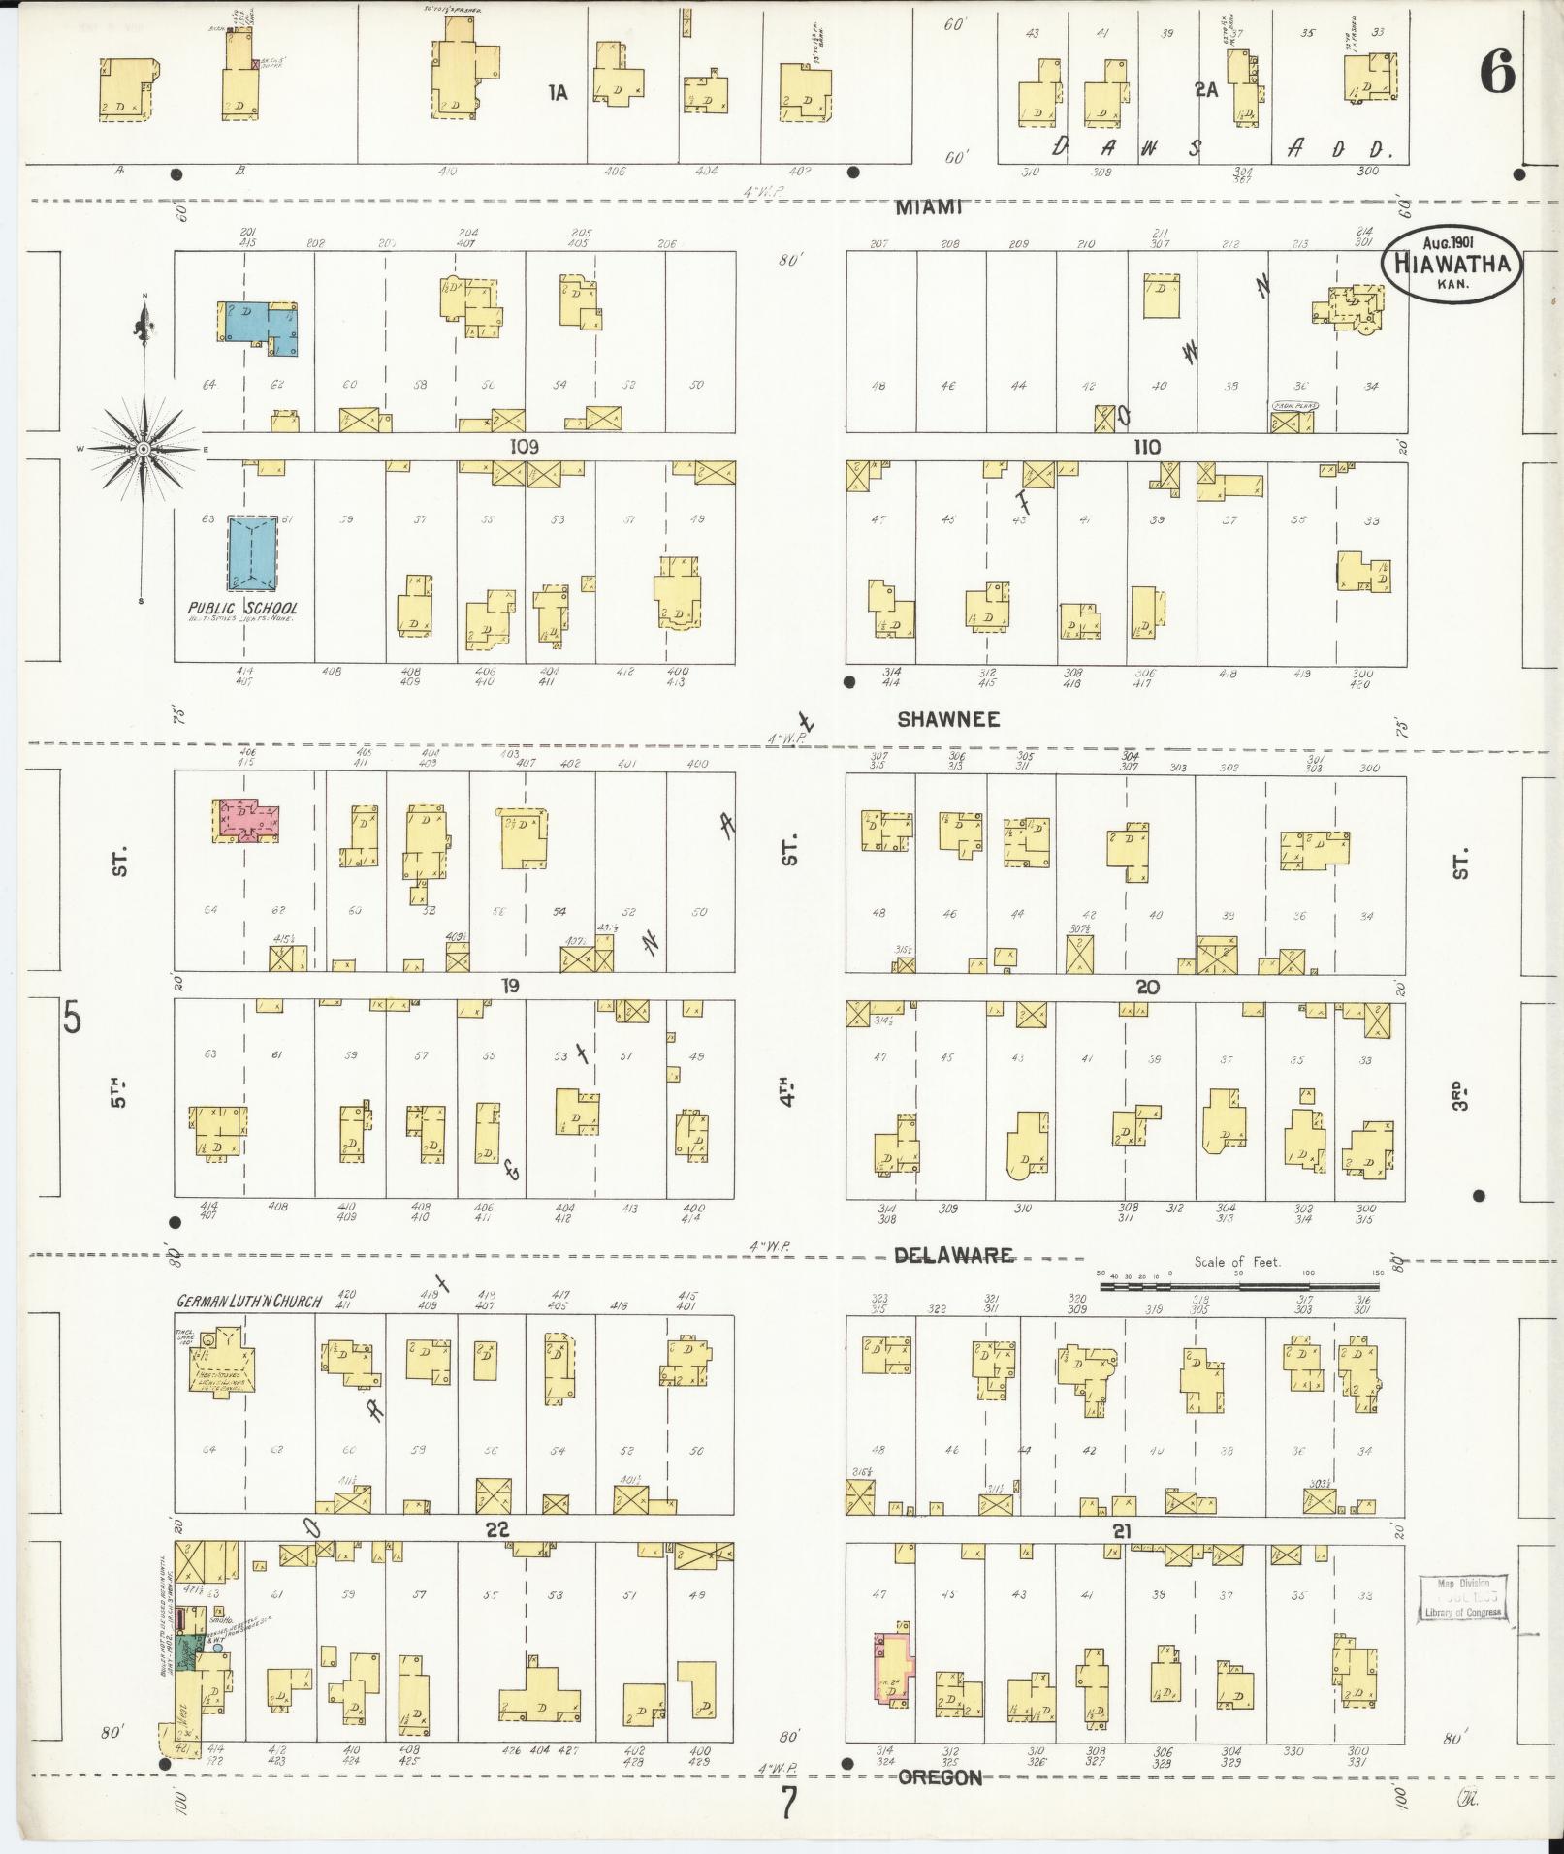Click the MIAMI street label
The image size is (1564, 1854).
pos(927,207)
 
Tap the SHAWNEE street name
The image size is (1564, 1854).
pos(947,720)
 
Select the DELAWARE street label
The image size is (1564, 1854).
pos(952,1256)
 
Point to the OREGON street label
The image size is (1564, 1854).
pos(940,1777)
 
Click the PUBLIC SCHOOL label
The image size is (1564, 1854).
pos(243,608)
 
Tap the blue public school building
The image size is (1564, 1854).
pos(253,552)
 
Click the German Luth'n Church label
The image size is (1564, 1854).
pos(248,1302)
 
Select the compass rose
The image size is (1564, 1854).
pos(144,449)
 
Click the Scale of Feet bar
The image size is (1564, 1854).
pos(1238,1287)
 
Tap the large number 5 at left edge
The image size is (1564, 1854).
pos(72,1019)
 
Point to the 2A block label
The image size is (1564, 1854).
pos(1205,90)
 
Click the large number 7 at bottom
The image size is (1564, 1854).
pos(789,1804)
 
